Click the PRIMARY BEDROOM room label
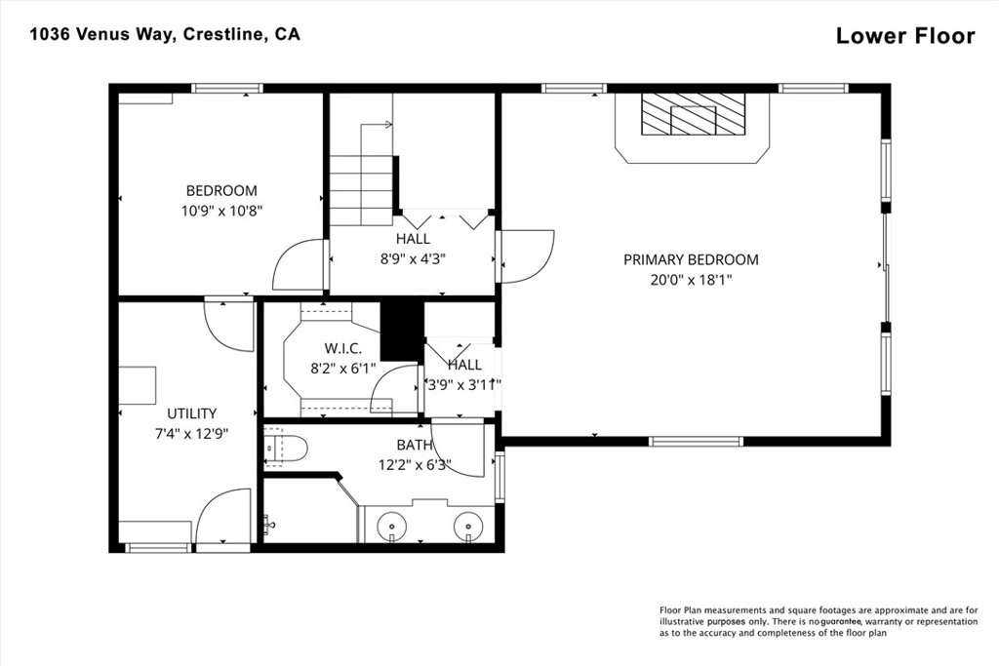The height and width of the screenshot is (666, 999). pos(691,259)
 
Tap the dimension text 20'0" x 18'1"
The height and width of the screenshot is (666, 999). pos(691,280)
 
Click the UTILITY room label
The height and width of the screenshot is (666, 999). pos(192,413)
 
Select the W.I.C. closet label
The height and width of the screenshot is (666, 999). pos(342,348)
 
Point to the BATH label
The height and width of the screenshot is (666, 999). pos(414,445)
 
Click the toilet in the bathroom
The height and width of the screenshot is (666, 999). pos(286,449)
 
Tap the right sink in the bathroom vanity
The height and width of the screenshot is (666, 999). pos(468,527)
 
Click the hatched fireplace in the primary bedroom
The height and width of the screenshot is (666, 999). pos(693,114)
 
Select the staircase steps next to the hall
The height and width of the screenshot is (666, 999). pos(361,190)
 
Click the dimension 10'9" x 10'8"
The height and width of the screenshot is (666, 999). pos(221,211)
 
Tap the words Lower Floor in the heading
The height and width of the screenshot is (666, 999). pos(905,36)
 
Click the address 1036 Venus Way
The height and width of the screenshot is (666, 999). pos(101,34)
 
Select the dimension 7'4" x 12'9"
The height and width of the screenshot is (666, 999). pos(192,434)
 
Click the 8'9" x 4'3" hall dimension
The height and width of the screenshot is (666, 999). pos(413,259)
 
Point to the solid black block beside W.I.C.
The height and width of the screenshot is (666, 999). pos(402,332)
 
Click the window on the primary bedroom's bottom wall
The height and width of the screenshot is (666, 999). pos(696,442)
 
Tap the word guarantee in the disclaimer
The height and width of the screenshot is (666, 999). pos(841,621)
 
